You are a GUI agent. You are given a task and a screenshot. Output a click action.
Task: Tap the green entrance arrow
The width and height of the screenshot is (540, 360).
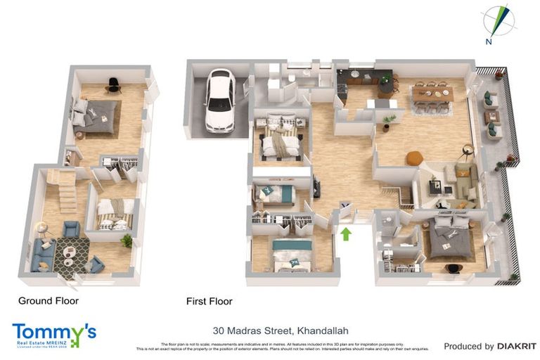point(346,233)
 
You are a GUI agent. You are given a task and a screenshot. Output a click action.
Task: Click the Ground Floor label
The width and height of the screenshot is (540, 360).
point(49,300)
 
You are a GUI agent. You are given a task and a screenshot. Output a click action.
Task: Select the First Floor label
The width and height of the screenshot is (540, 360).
point(209,301)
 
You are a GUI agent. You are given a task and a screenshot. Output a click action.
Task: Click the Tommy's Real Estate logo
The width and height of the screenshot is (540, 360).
point(53,335)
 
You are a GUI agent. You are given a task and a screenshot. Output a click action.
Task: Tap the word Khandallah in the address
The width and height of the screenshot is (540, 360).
point(323,330)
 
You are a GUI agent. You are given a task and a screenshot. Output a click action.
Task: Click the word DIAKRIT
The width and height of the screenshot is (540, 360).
point(516,346)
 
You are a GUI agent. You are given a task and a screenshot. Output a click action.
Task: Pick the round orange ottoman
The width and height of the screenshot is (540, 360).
point(414,157)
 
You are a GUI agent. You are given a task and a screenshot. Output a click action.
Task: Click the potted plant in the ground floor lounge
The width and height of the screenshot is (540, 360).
point(127,241)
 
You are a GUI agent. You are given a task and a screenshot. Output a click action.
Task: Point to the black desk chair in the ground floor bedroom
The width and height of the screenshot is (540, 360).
point(112,85)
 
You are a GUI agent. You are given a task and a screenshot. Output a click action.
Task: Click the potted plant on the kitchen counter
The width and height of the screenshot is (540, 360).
point(385,79)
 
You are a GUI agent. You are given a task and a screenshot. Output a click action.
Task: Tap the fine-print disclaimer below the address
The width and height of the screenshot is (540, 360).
point(281,346)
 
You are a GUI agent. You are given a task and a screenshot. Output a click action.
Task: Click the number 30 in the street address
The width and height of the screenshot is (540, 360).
point(219,330)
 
